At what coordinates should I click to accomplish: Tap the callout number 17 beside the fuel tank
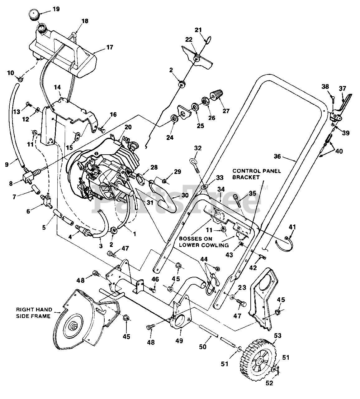(110, 47)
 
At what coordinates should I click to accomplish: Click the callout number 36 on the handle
(277, 156)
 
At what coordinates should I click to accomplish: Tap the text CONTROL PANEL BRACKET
(256, 174)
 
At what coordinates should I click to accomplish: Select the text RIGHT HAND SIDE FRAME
(34, 313)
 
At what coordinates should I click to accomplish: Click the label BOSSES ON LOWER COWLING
(204, 242)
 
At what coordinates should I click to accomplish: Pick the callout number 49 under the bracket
(179, 341)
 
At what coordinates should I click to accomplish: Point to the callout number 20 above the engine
(128, 127)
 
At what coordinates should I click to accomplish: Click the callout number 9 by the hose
(7, 165)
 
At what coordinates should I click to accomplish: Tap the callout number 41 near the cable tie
(292, 227)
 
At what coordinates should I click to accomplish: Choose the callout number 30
(185, 195)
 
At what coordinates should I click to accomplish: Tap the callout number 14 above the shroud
(57, 87)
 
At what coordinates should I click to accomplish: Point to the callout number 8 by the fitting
(11, 183)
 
